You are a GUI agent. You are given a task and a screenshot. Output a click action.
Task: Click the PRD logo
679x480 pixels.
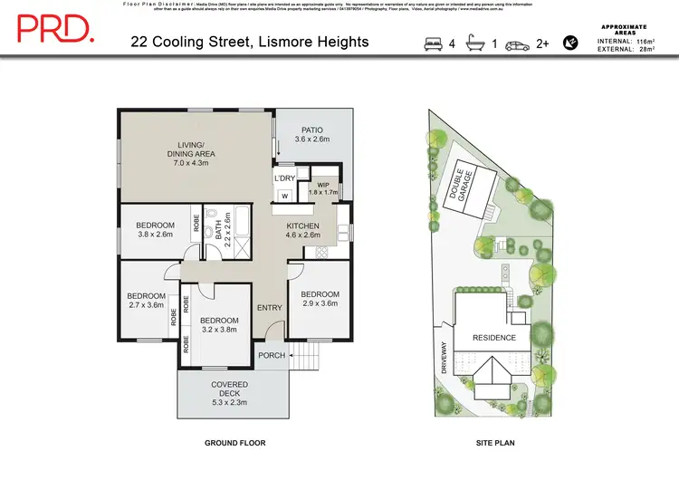[55, 29]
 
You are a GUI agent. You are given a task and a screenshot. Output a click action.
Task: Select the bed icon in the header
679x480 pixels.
[433, 43]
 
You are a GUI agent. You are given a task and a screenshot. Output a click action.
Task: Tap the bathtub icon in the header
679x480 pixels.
[473, 43]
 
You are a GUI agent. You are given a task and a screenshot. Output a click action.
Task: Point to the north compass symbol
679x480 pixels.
[570, 42]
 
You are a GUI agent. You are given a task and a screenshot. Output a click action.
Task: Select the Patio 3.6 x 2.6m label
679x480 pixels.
[311, 135]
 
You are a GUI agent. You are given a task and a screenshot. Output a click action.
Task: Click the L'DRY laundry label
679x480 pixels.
[285, 178]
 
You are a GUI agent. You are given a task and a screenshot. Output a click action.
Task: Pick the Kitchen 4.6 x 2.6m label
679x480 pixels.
[303, 231]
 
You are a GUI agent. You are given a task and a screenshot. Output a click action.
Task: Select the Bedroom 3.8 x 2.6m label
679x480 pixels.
[155, 230]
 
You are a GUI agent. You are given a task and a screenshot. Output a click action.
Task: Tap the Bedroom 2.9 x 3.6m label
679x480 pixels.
[320, 299]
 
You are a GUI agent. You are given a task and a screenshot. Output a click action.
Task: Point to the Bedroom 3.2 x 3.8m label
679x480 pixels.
[219, 325]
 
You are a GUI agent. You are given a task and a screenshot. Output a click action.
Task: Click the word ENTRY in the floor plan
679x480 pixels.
[269, 308]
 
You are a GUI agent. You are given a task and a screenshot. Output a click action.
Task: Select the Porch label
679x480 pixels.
[272, 355]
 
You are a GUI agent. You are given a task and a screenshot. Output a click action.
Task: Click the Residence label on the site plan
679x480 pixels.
[494, 338]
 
